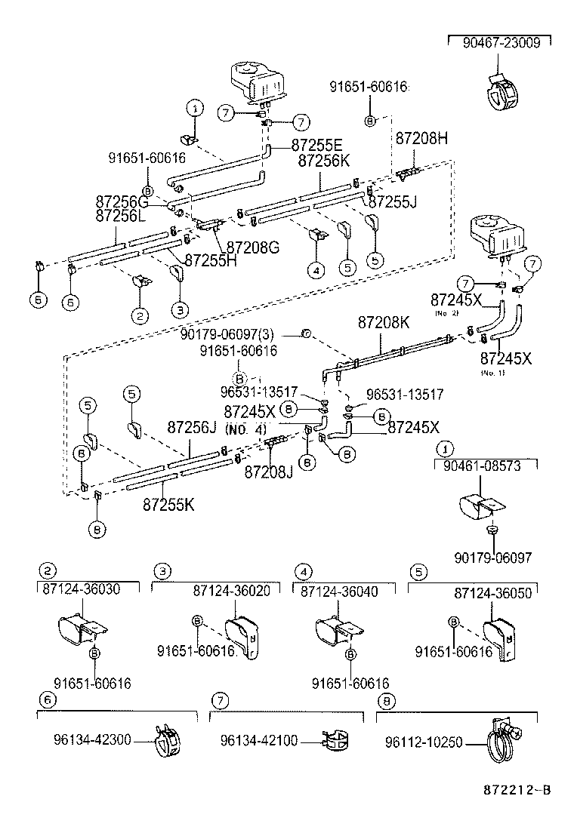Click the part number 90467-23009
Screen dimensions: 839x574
(x=501, y=44)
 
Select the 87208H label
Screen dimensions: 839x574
(x=421, y=138)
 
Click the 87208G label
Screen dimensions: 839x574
(x=253, y=247)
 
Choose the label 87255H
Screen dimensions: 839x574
(x=211, y=260)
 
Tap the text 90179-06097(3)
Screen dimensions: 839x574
(x=236, y=334)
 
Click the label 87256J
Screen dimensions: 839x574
(x=192, y=427)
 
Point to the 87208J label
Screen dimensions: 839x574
(x=268, y=472)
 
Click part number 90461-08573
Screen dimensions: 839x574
(x=487, y=467)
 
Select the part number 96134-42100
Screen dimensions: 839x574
(x=264, y=742)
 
